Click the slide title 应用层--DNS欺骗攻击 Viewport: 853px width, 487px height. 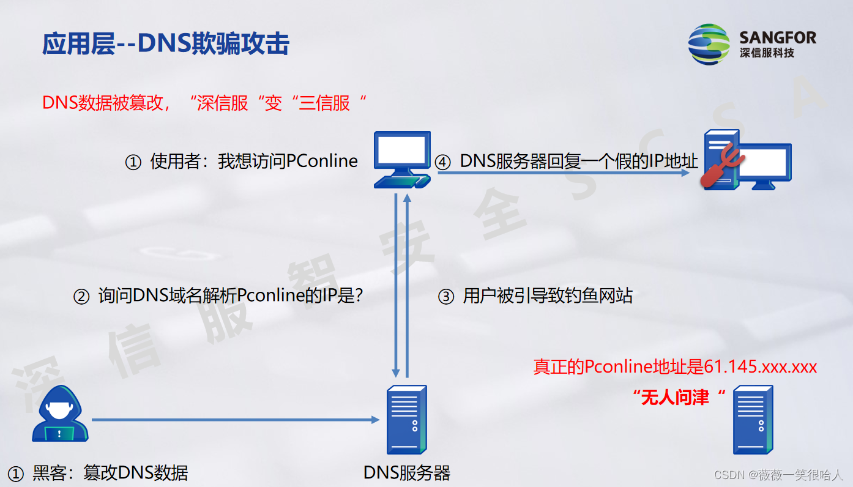165,44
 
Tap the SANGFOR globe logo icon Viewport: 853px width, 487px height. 709,44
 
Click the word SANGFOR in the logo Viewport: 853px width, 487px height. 777,37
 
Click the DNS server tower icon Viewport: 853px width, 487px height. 406,419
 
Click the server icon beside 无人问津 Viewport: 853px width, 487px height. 753,419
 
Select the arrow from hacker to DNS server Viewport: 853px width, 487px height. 236,420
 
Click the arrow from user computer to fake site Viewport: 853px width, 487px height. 563,173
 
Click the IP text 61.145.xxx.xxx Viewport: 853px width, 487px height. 761,366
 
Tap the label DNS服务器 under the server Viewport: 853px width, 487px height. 406,473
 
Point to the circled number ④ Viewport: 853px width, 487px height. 442,162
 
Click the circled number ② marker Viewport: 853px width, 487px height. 81,297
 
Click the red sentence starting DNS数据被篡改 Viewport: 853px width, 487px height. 204,103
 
